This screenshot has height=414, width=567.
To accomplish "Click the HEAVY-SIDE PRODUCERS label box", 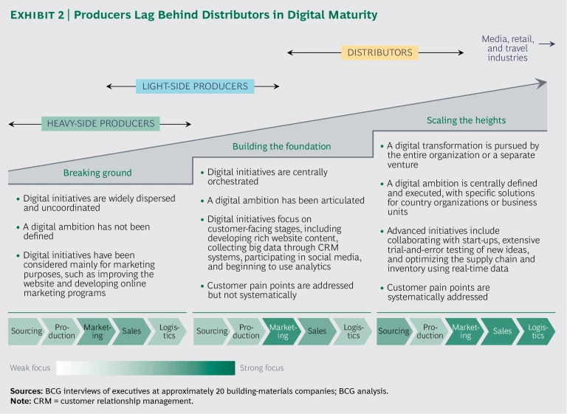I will tap(100, 123).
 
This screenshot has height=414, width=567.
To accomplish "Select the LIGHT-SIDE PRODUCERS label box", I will tap(194, 86).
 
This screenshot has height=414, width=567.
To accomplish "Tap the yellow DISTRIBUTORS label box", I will tap(379, 52).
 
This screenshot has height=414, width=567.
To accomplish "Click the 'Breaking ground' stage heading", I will tap(97, 173).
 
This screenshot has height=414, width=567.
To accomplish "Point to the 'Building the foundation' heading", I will tap(281, 146).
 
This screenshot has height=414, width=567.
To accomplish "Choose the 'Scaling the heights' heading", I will tap(466, 120).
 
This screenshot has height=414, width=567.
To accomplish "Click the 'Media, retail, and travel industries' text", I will tap(507, 48).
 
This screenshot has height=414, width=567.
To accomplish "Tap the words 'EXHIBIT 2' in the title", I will tap(41, 15).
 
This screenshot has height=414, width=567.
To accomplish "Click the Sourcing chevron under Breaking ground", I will tap(27, 331).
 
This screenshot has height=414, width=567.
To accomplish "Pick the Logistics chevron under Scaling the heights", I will tap(537, 331).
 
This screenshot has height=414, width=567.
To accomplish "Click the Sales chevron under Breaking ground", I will tap(132, 331).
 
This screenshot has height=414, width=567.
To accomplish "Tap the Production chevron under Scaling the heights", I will tap(430, 331).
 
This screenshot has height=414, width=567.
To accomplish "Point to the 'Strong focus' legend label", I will tap(261, 368).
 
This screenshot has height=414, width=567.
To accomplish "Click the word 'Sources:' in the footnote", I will tap(26, 390).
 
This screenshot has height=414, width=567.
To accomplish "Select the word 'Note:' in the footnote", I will tap(21, 401).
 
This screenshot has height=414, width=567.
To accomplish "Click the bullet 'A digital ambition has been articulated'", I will tap(286, 200).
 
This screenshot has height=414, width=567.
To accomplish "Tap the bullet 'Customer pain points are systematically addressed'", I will tap(439, 292).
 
